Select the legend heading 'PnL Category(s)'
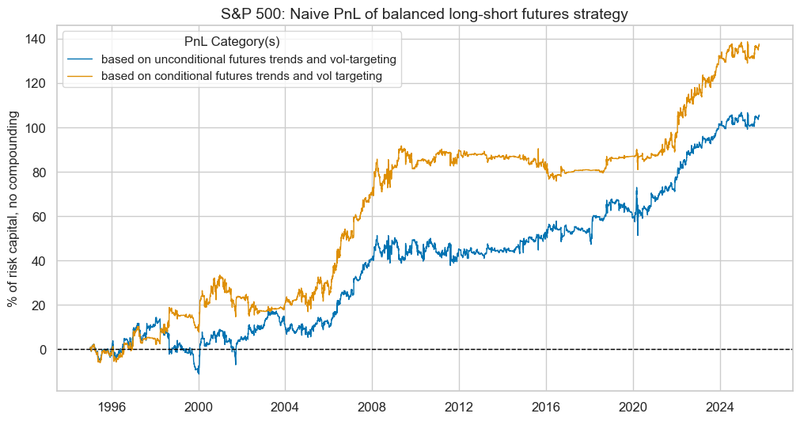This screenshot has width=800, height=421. [231, 41]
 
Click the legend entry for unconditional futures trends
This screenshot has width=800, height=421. [248, 59]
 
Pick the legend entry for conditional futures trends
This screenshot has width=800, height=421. [242, 76]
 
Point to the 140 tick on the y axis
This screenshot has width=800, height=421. [38, 39]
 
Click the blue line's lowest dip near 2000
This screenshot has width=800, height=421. [199, 373]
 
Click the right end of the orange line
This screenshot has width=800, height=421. [759, 46]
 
